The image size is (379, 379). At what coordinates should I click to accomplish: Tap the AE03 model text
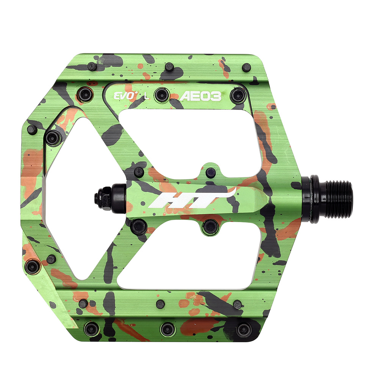coord(200,96)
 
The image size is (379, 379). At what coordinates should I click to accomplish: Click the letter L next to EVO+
coord(146,96)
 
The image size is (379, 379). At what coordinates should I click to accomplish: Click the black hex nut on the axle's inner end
coord(102,197)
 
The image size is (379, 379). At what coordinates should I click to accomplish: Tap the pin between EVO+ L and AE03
coord(161,94)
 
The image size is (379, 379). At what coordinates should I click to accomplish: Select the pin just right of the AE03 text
coord(238,95)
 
